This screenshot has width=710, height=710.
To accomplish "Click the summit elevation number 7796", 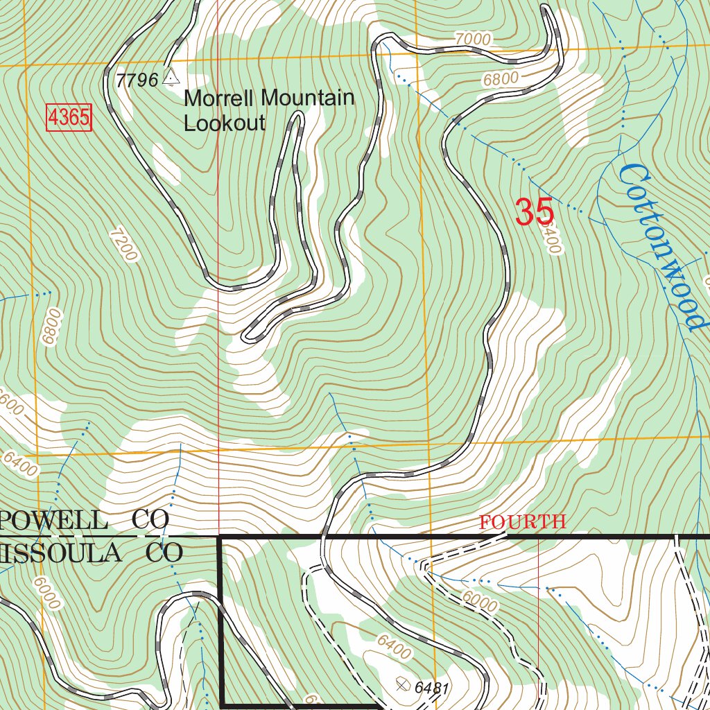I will point(137,80).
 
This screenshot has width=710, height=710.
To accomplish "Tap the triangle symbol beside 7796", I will point(170,77).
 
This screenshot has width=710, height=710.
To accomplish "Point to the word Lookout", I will point(224,123).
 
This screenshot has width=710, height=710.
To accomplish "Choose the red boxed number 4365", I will point(69,117).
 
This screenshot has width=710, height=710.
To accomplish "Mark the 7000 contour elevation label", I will point(473,39).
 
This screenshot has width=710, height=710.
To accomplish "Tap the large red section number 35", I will point(534,212).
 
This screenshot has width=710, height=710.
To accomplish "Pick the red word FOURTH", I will point(523,522).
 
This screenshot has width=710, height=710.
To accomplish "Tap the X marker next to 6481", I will point(402,685).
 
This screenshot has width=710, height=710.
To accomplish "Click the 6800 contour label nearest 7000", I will point(501,79).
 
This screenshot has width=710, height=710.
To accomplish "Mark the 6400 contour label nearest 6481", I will point(394,648).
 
